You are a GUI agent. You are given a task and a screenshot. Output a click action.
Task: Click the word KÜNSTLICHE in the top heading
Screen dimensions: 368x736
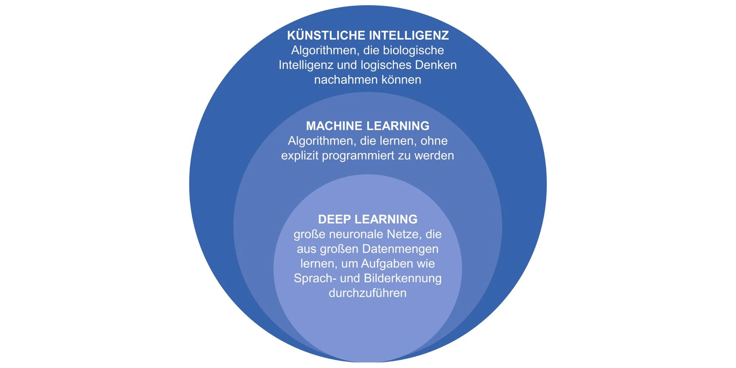pos(326,35)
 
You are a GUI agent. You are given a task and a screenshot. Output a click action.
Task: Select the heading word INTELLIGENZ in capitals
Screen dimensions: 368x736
pos(409,35)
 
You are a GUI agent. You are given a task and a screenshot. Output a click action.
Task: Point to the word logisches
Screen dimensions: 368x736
pos(386,65)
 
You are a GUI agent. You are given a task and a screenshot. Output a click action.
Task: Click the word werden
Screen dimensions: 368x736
pos(434,156)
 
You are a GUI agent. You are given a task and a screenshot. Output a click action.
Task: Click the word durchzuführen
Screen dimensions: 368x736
pos(368,293)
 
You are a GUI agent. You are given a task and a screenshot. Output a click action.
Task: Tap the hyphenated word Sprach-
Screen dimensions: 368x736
pos(315,278)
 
